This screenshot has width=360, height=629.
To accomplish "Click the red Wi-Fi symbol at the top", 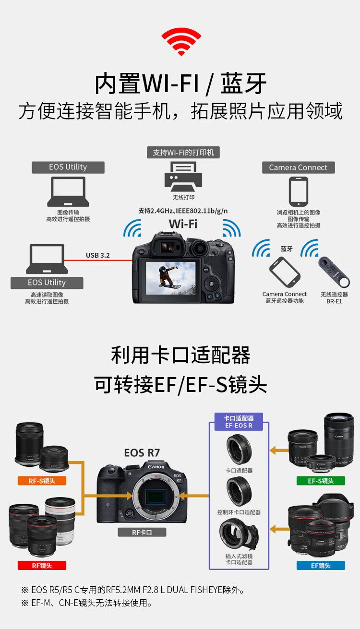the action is [181, 41].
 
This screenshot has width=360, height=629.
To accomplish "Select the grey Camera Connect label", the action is [298, 167].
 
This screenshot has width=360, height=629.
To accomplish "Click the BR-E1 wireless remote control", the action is [334, 272].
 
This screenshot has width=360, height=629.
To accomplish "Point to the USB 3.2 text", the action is [98, 255].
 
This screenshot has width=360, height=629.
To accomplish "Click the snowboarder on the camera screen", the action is [168, 276].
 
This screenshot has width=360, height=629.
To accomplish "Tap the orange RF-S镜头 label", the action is [42, 481].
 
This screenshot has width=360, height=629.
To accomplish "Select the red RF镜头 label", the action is [42, 565].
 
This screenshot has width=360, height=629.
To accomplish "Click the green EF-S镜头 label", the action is [321, 481].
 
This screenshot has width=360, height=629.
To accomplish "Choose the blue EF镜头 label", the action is [321, 565].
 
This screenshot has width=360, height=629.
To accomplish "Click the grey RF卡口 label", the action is [142, 532].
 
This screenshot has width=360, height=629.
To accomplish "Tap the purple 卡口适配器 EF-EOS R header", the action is [239, 422].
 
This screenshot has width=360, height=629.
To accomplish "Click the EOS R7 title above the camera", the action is [142, 452].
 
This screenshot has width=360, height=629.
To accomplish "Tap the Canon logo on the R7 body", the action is [156, 467].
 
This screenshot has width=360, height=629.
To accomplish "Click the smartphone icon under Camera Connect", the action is [299, 191].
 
